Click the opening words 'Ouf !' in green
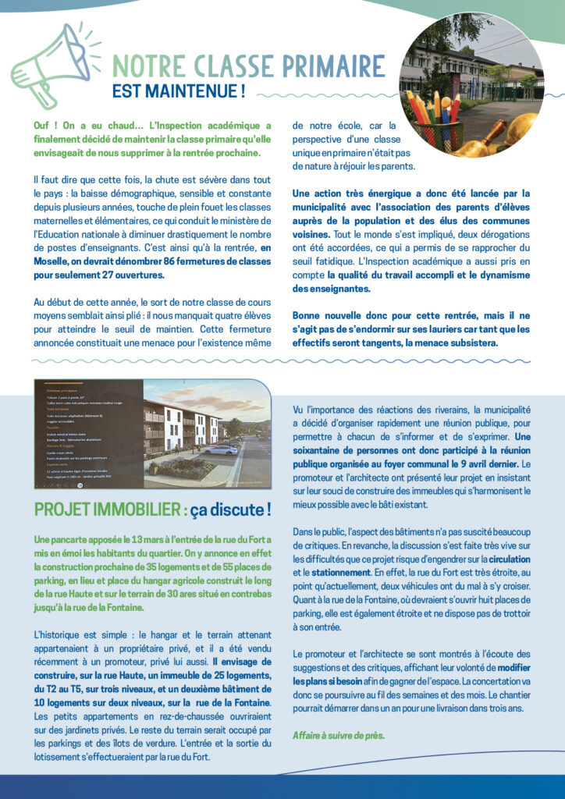45,125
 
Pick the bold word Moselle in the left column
54,261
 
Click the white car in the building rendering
220,450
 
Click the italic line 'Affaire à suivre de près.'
338,735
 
